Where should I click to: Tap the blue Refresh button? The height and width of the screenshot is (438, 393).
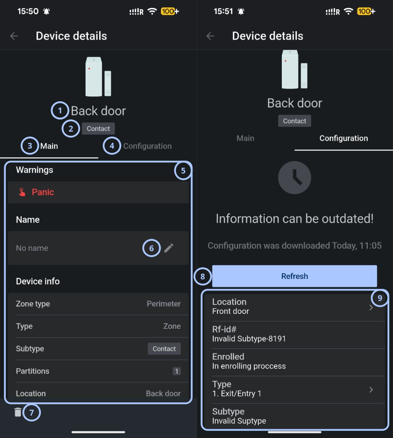(x=294, y=276)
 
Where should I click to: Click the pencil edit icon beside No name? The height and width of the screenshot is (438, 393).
(x=169, y=248)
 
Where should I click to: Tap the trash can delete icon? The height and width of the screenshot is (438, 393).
(x=18, y=412)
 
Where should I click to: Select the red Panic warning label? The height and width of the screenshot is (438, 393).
(x=43, y=192)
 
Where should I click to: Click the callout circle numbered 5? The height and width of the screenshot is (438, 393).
(x=183, y=170)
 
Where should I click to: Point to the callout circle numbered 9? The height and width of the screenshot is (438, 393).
(x=380, y=298)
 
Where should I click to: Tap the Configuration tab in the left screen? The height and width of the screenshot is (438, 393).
(x=147, y=146)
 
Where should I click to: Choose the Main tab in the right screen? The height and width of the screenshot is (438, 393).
(x=245, y=138)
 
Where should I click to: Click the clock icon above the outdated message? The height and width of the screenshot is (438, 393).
(x=294, y=177)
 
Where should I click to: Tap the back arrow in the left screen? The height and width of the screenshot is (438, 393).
(x=14, y=36)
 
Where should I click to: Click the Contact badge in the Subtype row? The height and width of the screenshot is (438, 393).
(x=164, y=349)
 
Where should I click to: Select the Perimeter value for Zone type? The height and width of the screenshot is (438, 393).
(x=164, y=303)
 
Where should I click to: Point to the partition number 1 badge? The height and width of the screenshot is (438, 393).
(x=176, y=371)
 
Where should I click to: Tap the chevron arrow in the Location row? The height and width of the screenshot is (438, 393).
(x=371, y=308)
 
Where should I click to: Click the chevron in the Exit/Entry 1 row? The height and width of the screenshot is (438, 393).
(x=371, y=390)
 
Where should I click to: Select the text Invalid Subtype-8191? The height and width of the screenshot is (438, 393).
(x=249, y=338)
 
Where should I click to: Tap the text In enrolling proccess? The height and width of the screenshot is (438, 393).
(x=249, y=366)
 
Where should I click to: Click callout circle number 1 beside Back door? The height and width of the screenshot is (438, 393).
(x=60, y=110)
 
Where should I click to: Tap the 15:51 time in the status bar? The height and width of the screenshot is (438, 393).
(x=223, y=11)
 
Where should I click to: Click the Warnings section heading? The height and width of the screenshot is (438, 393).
(x=34, y=170)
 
